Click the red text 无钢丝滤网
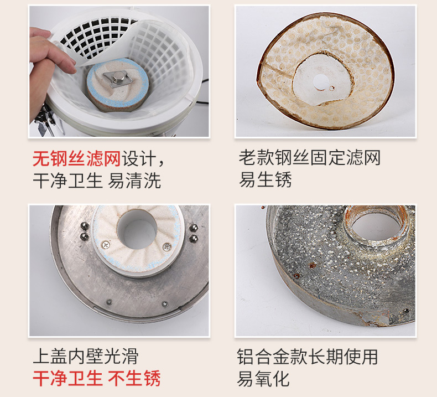click(76, 159)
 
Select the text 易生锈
click(265, 180)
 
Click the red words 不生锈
click(135, 378)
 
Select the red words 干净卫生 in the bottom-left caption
click(67, 378)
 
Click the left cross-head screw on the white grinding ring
click(106, 244)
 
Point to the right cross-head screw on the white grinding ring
click(166, 246)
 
